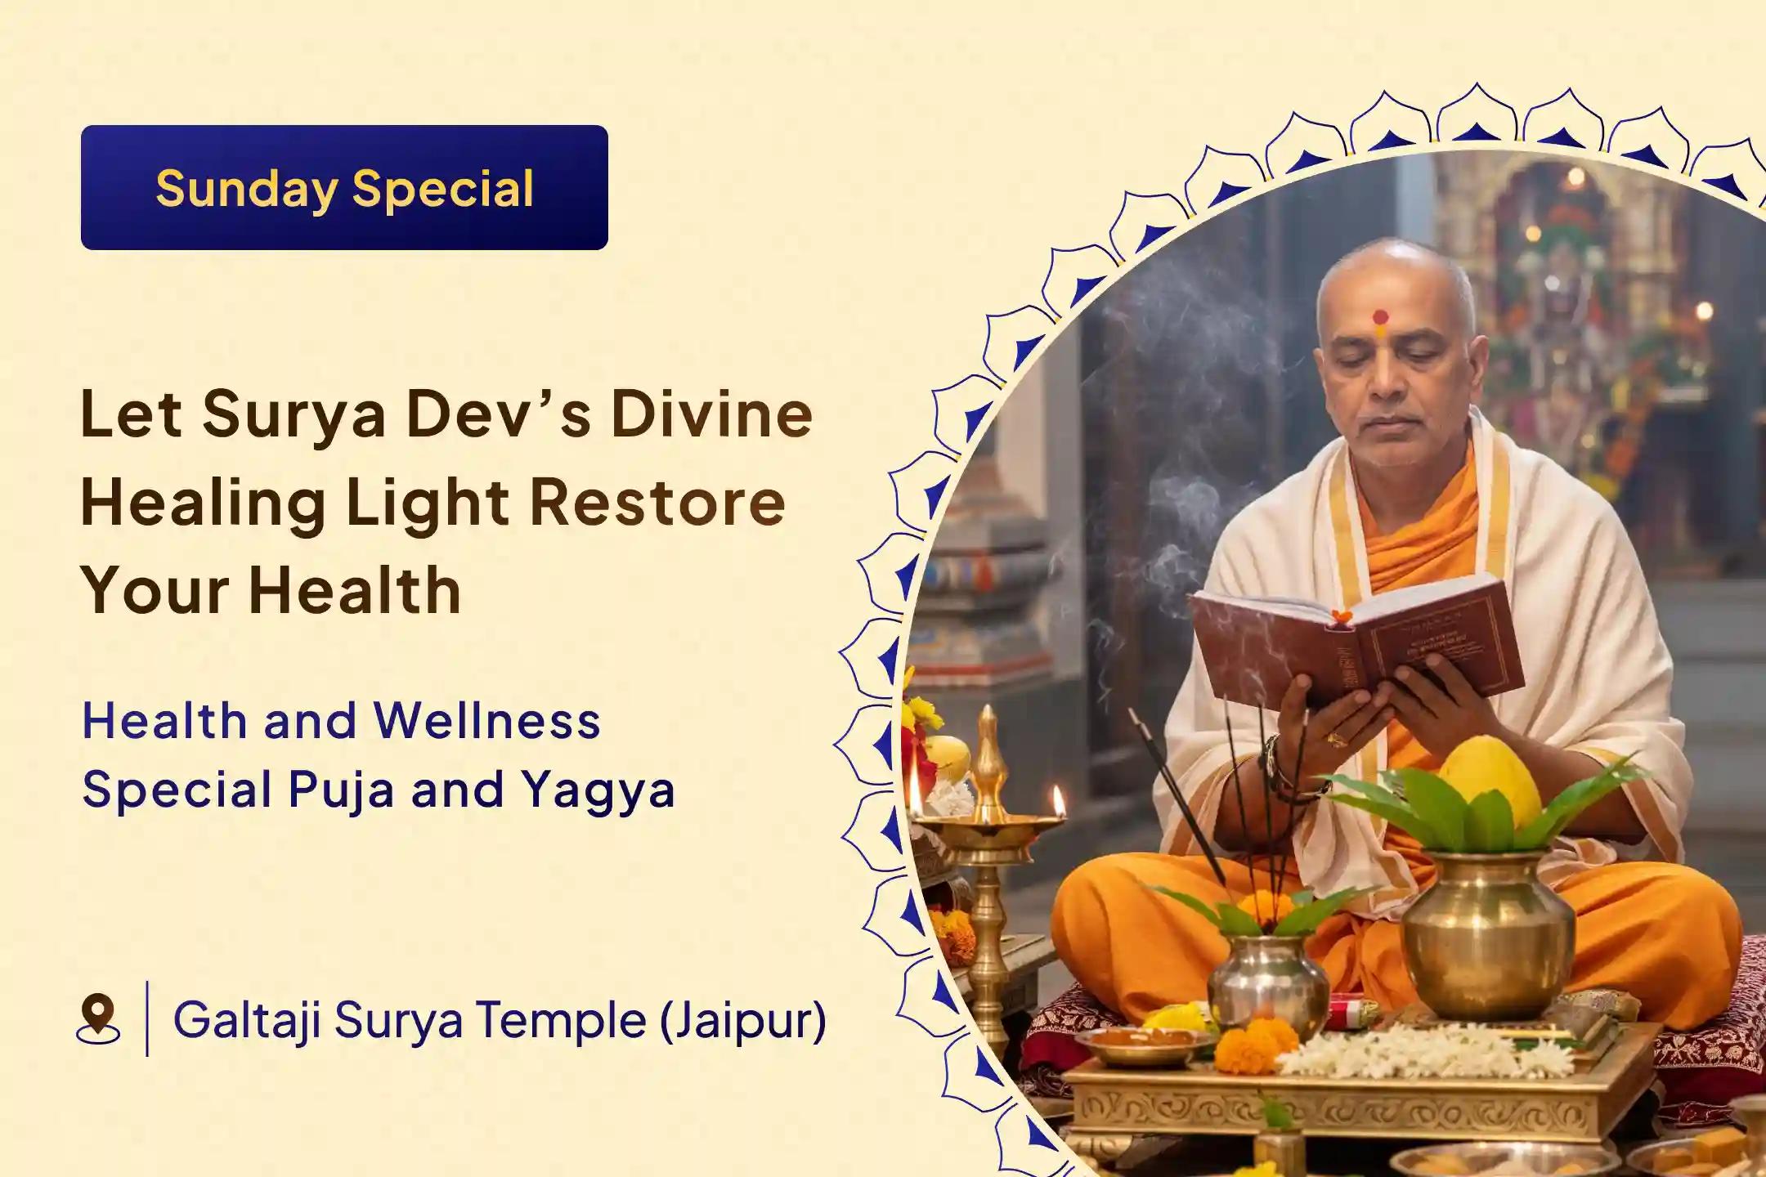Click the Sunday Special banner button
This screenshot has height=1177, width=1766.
(344, 187)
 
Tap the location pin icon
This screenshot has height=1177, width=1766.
(98, 1018)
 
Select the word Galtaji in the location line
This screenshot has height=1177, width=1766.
(246, 1020)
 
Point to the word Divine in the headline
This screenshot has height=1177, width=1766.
(711, 414)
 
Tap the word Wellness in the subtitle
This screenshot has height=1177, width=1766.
(487, 721)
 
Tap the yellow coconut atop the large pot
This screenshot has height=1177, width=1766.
(1490, 782)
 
